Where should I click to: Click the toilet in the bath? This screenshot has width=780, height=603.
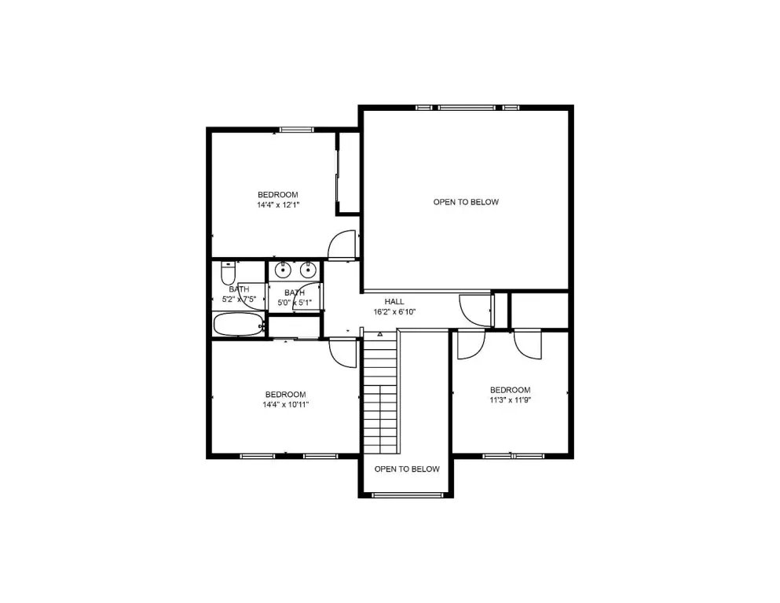coord(227,273)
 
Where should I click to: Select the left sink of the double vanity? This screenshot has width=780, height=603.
coord(283,270)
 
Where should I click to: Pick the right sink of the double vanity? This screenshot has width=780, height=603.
coord(309,270)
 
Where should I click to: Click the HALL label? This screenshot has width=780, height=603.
coord(394,301)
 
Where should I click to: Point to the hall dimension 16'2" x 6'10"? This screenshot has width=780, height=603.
coord(394,312)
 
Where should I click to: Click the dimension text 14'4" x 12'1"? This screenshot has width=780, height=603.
coord(278,204)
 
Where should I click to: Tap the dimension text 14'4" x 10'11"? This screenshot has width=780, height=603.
coord(286,404)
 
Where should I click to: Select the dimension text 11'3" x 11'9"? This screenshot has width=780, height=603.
coord(510,400)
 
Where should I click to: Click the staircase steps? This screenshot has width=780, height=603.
coord(381,392)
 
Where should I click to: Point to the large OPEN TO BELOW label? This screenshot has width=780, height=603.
coord(466,202)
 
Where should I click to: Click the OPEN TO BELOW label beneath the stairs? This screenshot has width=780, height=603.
coord(407,469)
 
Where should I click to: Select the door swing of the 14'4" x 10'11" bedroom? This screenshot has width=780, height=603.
coord(343,352)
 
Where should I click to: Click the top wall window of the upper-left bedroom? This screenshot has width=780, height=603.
coord(296,130)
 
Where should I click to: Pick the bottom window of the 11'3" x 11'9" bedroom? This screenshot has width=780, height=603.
coord(513,456)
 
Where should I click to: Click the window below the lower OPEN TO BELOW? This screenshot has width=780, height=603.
coord(407,495)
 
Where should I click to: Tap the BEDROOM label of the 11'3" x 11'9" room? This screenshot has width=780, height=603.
coord(510,390)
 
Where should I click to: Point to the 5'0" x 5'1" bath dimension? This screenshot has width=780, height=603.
coord(295,302)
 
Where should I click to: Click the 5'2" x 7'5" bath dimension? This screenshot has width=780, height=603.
coord(239,300)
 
